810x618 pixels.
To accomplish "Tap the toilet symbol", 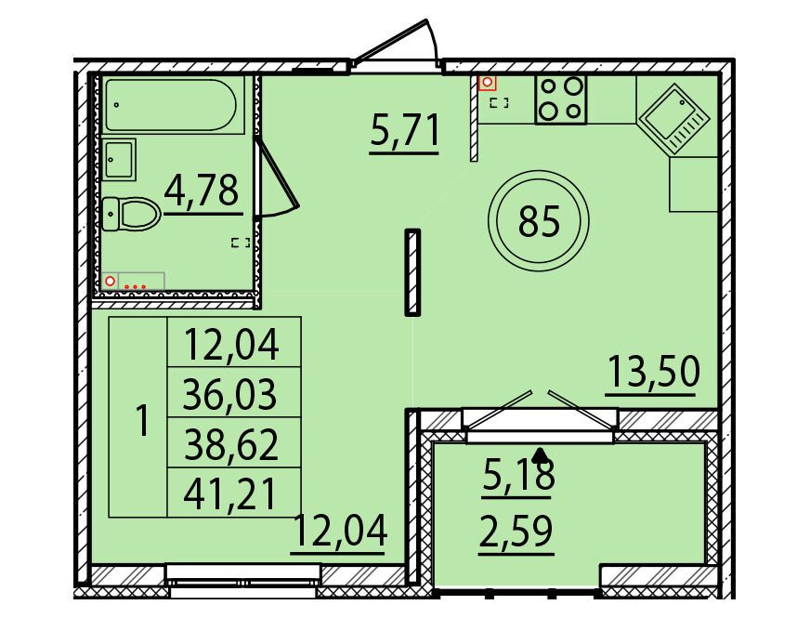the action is (x=131, y=213).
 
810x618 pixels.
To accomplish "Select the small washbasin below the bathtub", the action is (x=119, y=159).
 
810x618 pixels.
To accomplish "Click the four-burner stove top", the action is (x=560, y=99).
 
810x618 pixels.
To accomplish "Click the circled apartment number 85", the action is (x=539, y=220).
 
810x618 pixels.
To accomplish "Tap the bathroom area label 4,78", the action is (x=202, y=191).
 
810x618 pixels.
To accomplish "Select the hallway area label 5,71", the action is (x=404, y=131).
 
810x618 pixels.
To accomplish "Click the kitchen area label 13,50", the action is (x=653, y=371).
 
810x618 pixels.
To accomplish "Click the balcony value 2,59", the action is (x=516, y=531).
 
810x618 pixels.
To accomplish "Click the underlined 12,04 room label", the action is (x=339, y=531).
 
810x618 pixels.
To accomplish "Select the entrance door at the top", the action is (x=395, y=44).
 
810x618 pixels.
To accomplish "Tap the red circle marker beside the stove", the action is (x=487, y=82).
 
